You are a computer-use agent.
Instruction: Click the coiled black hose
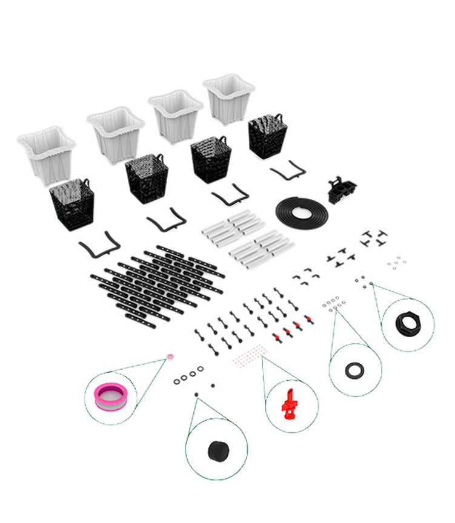pyautogui.click(x=302, y=212)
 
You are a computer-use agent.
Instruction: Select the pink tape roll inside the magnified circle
pyautogui.click(x=111, y=397)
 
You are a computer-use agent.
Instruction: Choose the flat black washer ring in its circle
pyautogui.click(x=355, y=369)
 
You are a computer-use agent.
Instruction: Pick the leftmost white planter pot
pyautogui.click(x=46, y=154)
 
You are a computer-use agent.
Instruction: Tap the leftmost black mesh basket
pyautogui.click(x=72, y=205)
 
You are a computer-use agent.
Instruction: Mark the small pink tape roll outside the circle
pyautogui.click(x=170, y=358)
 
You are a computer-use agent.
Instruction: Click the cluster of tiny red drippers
pyautogui.click(x=249, y=355)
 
